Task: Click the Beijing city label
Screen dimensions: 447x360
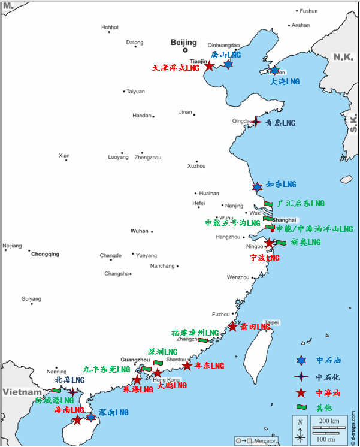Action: point(183,42)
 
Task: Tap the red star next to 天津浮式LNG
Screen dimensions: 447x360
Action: point(209,65)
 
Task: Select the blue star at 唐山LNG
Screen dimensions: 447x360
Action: point(228,64)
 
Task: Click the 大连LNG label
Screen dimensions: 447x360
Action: point(284,81)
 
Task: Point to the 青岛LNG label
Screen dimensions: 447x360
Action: point(280,123)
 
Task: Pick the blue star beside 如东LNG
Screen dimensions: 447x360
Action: point(257,187)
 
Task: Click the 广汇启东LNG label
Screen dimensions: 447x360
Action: point(301,204)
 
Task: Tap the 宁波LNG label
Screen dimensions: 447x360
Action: point(264,258)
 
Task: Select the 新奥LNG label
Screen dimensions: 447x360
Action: point(305,243)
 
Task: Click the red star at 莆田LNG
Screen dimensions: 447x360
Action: point(232,327)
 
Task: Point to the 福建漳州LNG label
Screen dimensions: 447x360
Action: point(195,333)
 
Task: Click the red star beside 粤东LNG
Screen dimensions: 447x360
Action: point(187,366)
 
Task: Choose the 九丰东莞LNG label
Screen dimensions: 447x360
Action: point(107,370)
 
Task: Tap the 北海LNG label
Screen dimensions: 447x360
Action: point(69,380)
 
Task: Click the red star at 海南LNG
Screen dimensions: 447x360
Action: point(77,420)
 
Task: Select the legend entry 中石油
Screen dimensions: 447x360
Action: point(328,361)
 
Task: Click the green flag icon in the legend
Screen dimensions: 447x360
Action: point(301,408)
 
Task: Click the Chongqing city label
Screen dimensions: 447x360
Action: point(45,254)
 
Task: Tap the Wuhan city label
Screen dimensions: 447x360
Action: point(139,231)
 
